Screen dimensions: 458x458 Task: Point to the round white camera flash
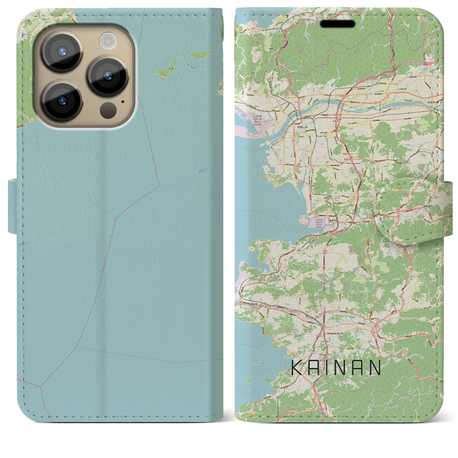pyautogui.click(x=107, y=41)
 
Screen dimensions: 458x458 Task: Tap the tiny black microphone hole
pyautogui.click(x=123, y=101)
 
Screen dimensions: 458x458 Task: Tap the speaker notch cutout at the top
pyautogui.click(x=338, y=24)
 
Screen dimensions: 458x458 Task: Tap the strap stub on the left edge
pyautogui.click(x=12, y=206)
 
